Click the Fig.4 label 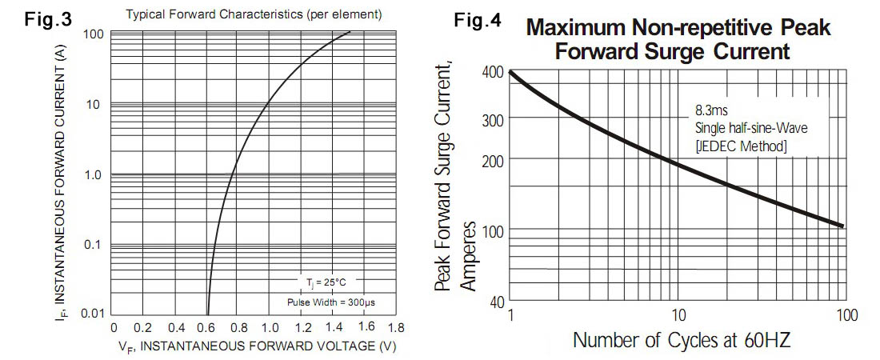(x=478, y=21)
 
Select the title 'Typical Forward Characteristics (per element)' (x=254, y=15)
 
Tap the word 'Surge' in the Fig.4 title (x=678, y=53)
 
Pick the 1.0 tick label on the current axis (x=93, y=174)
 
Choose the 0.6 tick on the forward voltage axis (x=206, y=328)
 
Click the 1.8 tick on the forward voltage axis (x=394, y=328)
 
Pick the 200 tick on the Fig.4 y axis (x=491, y=162)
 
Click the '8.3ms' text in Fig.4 (x=710, y=110)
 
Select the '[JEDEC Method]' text (x=741, y=146)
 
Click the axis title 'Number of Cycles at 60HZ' (x=682, y=341)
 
